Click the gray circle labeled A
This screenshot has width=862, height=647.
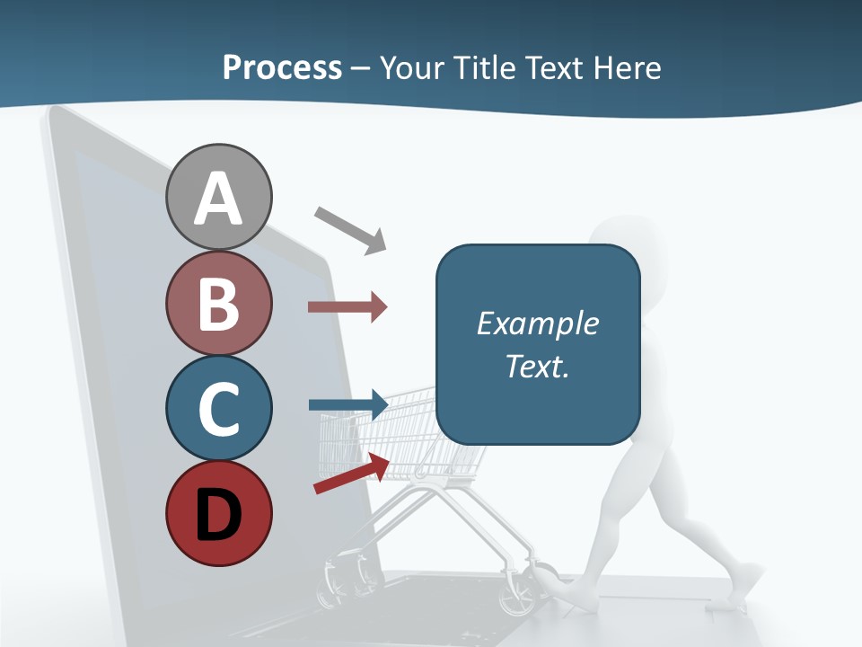(218, 197)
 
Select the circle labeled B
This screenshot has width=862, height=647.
(218, 303)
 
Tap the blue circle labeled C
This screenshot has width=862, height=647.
(218, 408)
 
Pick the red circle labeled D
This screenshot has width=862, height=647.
(218, 513)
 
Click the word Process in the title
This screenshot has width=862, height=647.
(282, 67)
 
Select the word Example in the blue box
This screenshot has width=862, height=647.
(537, 323)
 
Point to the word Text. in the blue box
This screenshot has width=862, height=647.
(537, 366)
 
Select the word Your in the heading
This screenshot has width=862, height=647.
(412, 67)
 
